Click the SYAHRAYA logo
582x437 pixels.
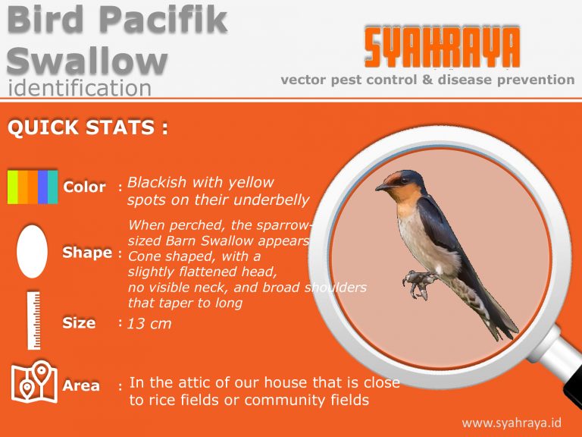coord(442,48)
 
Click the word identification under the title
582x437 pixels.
coord(80,88)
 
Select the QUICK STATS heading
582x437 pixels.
coord(87,127)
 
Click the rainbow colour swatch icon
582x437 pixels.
coord(33,187)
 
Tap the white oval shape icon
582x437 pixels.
coord(32,251)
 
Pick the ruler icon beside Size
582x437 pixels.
coord(33,319)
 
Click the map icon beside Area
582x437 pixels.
coord(33,382)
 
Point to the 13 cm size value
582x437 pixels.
coord(149,324)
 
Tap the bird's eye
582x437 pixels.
coord(399,181)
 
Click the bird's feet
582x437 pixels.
coord(415,283)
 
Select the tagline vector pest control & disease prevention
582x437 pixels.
coord(427,80)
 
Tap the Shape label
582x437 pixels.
coord(87,253)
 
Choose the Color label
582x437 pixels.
coord(85,187)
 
